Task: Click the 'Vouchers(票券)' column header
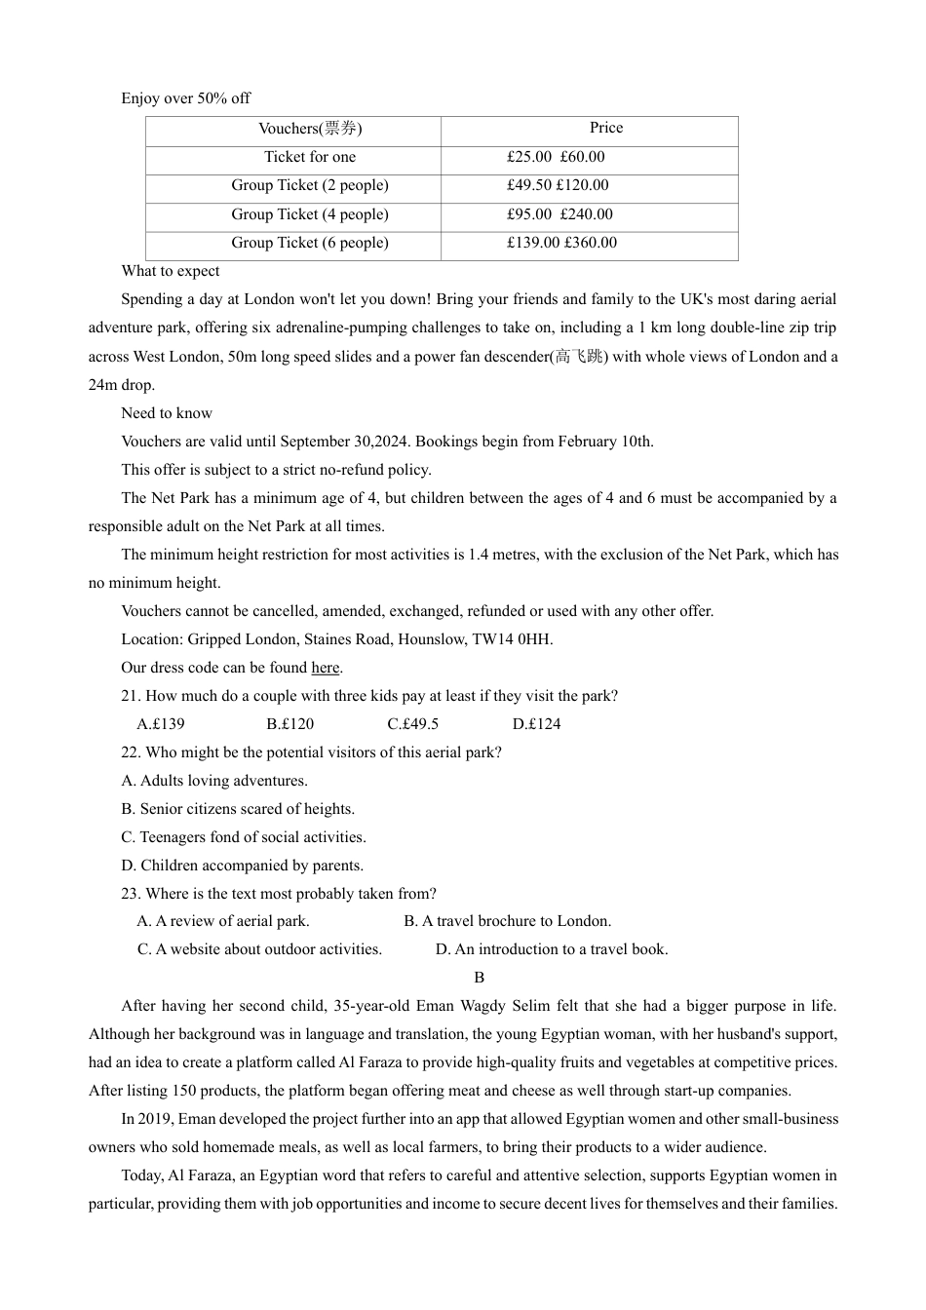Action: click(x=310, y=129)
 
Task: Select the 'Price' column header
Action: click(x=605, y=128)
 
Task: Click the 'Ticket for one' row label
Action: click(x=310, y=157)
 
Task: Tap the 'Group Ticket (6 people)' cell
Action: click(x=310, y=243)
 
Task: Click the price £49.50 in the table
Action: click(x=528, y=185)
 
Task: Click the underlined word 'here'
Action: click(x=326, y=668)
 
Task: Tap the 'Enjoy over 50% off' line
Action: click(x=185, y=98)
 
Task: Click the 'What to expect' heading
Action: click(x=170, y=271)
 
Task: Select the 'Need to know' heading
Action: click(x=166, y=413)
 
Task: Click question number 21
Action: click(x=131, y=696)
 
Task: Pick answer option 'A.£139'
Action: click(x=161, y=724)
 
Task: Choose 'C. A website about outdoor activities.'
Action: click(x=259, y=949)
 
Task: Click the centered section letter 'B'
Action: click(x=479, y=978)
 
